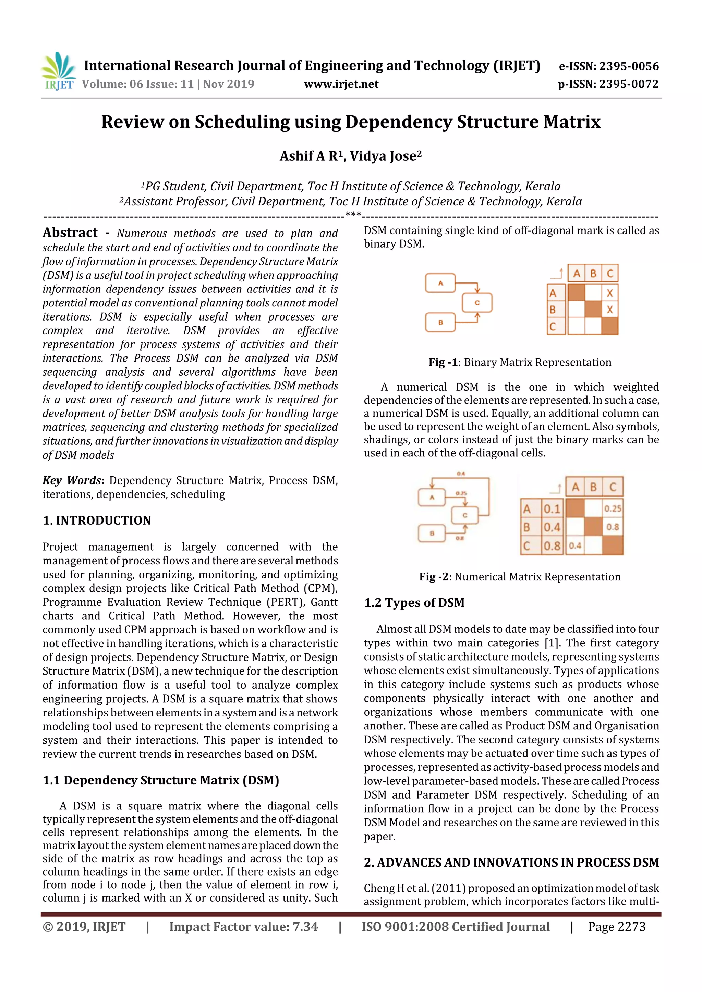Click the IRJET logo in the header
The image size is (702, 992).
click(x=58, y=71)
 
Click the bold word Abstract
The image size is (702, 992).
click(x=70, y=233)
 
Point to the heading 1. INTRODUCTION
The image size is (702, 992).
click(x=97, y=520)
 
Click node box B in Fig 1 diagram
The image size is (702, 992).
click(x=440, y=322)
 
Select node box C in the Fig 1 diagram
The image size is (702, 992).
click(x=477, y=303)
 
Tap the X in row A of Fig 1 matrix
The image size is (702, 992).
click(x=609, y=293)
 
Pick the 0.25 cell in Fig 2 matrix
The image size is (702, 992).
click(x=613, y=508)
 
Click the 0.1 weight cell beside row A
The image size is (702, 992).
click(x=552, y=508)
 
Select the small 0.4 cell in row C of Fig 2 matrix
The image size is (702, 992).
click(x=575, y=546)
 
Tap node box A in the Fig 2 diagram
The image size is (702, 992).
click(x=432, y=497)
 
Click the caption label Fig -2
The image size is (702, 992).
click(x=433, y=577)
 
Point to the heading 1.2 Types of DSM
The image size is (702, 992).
click(x=414, y=603)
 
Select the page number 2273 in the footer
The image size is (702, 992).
click(x=631, y=927)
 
